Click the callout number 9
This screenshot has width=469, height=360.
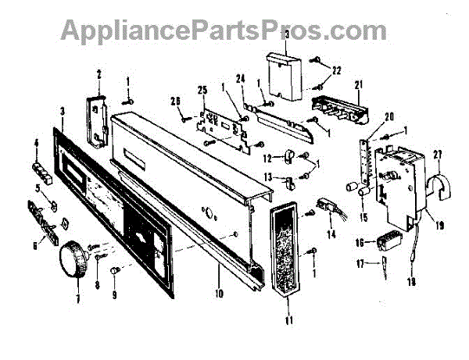pyautogui.click(x=113, y=295)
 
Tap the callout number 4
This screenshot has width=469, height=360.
pyautogui.click(x=36, y=142)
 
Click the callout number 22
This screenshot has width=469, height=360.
pyautogui.click(x=337, y=70)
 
